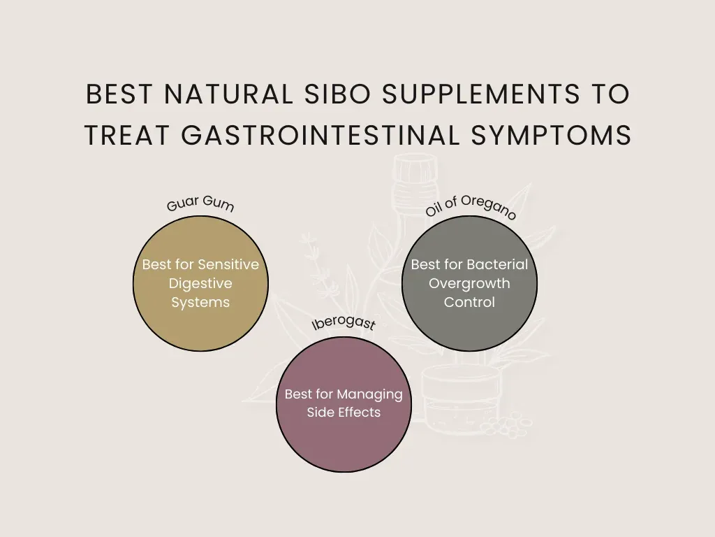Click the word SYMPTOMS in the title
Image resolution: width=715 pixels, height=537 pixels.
point(551,136)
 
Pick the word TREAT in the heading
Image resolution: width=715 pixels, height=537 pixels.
point(128,136)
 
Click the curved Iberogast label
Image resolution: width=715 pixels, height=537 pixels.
point(343,324)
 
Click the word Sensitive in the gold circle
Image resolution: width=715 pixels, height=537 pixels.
point(228,265)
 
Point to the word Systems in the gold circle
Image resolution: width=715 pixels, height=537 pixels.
point(200,303)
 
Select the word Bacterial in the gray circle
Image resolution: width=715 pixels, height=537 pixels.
point(498,265)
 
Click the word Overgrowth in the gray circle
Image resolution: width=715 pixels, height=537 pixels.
point(469,284)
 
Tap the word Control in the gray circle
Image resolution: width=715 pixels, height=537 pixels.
point(469,303)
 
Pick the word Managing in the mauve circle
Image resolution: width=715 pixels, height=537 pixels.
point(369,394)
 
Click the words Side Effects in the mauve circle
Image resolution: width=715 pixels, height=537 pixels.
point(344,413)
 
